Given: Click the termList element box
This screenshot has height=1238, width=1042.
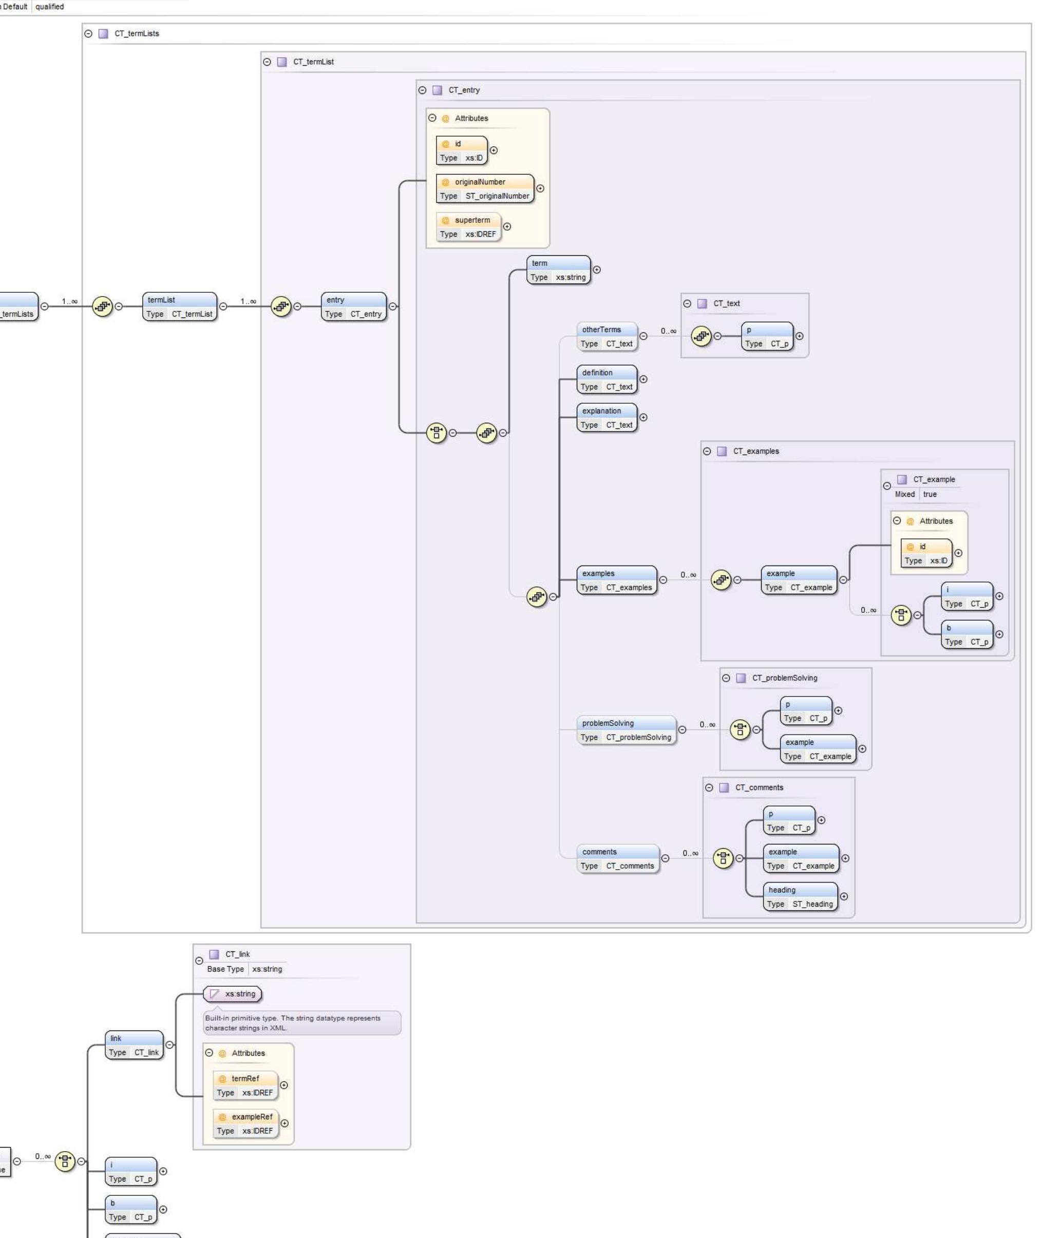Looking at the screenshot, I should [180, 306].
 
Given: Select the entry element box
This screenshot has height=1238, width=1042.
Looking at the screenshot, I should [353, 306].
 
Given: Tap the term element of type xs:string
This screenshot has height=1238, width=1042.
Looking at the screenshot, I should [558, 270].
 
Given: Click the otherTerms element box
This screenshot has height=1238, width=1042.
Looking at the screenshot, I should [607, 336].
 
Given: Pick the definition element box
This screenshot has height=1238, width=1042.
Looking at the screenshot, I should [607, 380].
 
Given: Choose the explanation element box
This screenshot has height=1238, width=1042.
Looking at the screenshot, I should [607, 417].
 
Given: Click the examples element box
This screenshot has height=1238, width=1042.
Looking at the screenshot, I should [617, 580].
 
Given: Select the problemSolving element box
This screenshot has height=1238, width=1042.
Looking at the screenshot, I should [626, 730].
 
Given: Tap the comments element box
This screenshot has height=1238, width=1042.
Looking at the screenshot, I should [617, 858].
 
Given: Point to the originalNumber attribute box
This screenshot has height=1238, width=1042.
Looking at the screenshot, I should [484, 189].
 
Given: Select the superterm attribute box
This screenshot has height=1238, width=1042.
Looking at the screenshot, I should [468, 227].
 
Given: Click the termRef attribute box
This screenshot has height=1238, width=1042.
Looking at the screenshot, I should [245, 1085].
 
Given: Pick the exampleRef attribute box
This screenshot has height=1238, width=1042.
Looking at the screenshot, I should [245, 1123].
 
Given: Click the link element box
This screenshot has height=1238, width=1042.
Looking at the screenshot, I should [134, 1045].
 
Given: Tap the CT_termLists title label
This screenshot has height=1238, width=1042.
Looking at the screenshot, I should [137, 34].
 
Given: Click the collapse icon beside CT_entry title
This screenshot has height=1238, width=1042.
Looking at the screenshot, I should [422, 90].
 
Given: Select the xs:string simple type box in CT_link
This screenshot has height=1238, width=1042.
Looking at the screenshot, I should [233, 994].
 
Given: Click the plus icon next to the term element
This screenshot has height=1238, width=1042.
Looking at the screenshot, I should [597, 270].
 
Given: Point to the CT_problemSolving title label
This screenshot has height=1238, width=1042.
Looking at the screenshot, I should [785, 678].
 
